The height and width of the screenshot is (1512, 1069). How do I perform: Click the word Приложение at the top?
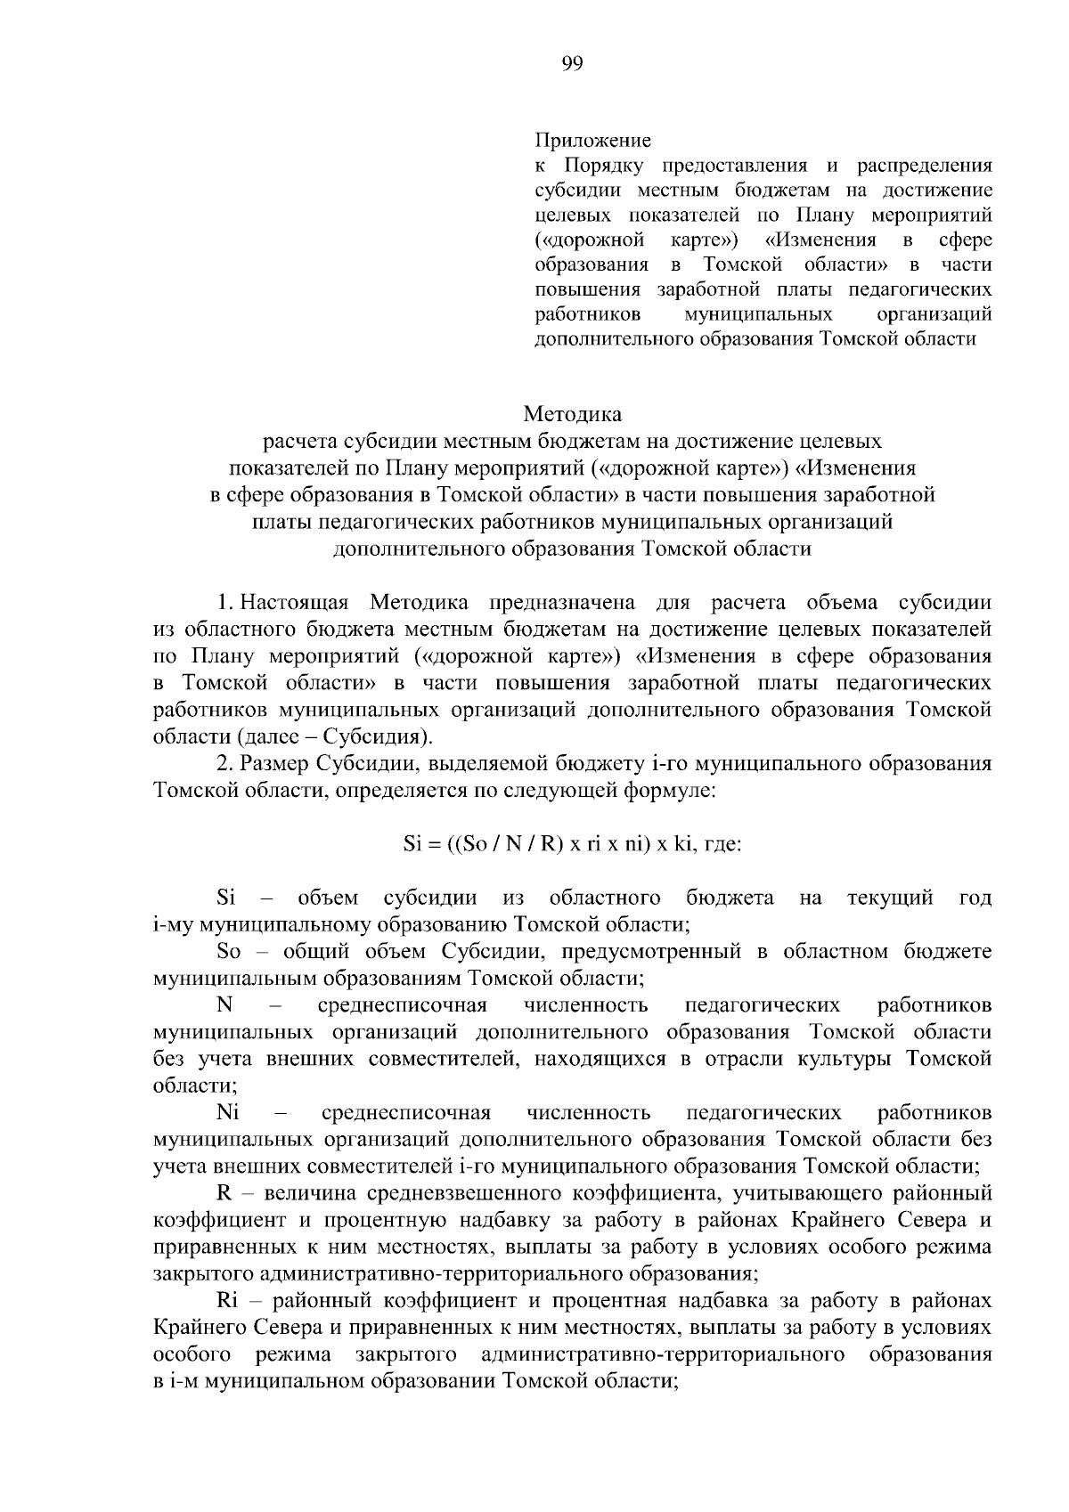(592, 141)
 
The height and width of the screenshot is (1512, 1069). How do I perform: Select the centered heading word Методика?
(573, 414)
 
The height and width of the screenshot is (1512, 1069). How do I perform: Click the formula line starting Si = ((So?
(572, 844)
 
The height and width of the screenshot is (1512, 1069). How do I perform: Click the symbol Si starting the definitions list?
(225, 898)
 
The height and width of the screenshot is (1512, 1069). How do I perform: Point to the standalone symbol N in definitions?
(224, 1005)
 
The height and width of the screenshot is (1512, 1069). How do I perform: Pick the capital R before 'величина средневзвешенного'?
(224, 1193)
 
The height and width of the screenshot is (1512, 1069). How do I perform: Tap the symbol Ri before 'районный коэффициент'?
(226, 1301)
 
